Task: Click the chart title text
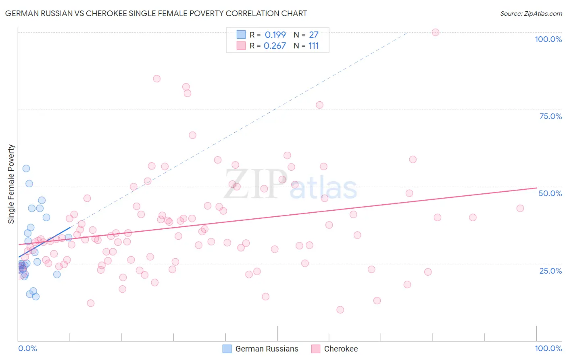pyautogui.click(x=156, y=13)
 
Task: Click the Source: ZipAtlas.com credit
pyautogui.click(x=531, y=13)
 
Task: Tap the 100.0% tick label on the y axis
pyautogui.click(x=548, y=39)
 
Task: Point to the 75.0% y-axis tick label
pyautogui.click(x=550, y=116)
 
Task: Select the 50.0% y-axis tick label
pyautogui.click(x=550, y=193)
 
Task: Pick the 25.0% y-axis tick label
pyautogui.click(x=550, y=270)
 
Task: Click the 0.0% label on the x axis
pyautogui.click(x=27, y=348)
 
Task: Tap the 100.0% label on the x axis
pyautogui.click(x=548, y=348)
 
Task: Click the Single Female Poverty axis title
pyautogui.click(x=11, y=184)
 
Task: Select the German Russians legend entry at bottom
pyautogui.click(x=261, y=349)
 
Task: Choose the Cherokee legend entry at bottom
pyautogui.click(x=335, y=349)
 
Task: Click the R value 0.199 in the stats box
pyautogui.click(x=275, y=35)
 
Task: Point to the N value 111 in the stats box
pyautogui.click(x=313, y=46)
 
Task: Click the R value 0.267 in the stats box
pyautogui.click(x=275, y=46)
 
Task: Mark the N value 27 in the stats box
pyautogui.click(x=313, y=35)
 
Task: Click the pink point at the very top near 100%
pyautogui.click(x=435, y=32)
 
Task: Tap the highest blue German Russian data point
pyautogui.click(x=26, y=168)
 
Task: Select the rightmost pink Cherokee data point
pyautogui.click(x=520, y=208)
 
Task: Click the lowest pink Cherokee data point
pyautogui.click(x=340, y=310)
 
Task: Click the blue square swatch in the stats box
pyautogui.click(x=241, y=35)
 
